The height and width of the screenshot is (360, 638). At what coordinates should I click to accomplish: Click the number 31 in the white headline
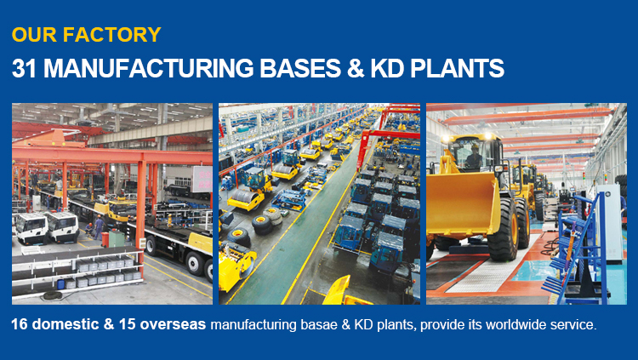click(24, 68)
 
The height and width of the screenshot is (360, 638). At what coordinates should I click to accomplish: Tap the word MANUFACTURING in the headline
click(149, 68)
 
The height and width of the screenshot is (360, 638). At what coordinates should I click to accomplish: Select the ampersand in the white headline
click(356, 68)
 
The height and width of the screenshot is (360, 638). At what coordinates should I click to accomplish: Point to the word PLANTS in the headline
click(457, 68)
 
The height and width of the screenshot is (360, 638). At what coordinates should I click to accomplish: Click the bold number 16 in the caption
click(20, 324)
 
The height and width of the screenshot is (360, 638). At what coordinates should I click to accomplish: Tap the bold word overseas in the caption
click(173, 324)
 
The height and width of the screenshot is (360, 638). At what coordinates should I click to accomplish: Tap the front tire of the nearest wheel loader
click(504, 229)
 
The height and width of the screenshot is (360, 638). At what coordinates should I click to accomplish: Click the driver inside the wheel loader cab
click(473, 156)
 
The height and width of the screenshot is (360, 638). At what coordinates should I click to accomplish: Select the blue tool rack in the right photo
click(578, 249)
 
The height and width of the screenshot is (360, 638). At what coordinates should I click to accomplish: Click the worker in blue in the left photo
click(99, 227)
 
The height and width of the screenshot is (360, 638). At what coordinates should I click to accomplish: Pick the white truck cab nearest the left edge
click(31, 228)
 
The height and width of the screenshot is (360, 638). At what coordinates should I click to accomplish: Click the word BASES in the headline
click(300, 68)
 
